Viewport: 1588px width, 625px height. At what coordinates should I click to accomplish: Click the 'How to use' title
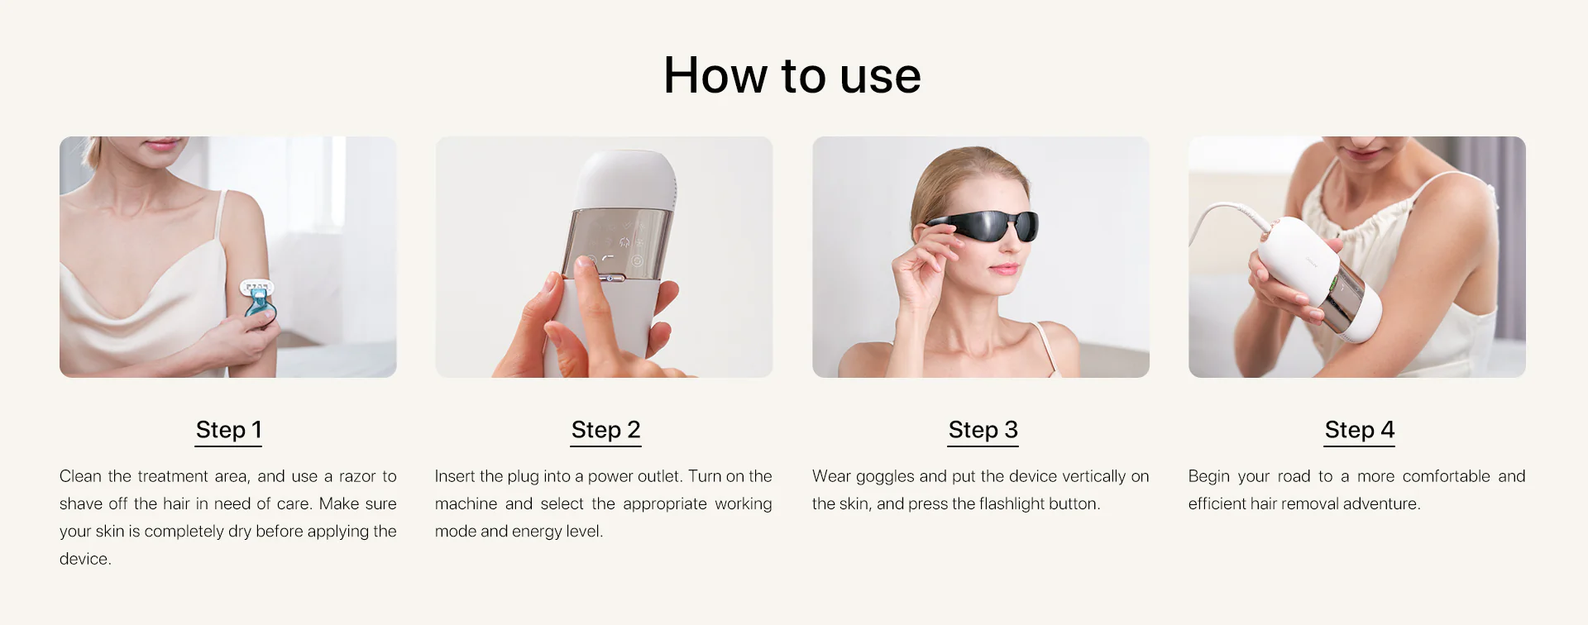point(792,75)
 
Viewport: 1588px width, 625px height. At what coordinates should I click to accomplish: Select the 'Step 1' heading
point(228,430)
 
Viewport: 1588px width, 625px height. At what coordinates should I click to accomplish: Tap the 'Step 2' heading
point(605,430)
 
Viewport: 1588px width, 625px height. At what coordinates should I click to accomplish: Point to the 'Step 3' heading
point(983,430)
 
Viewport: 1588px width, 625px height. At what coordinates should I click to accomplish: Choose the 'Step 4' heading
point(1359,430)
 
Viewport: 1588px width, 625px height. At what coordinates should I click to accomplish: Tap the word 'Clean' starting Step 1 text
point(80,476)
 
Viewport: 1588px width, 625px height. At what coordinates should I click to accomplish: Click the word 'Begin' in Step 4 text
point(1208,477)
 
